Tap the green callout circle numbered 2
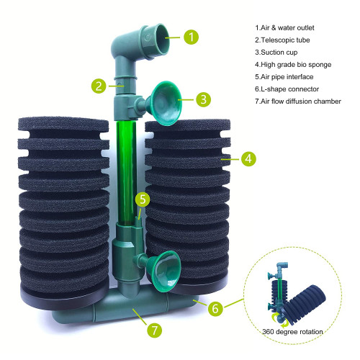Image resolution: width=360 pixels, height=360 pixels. tap(99, 85)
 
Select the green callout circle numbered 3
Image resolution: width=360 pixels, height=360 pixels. tap(204, 99)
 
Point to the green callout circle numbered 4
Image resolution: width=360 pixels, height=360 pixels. tap(248, 156)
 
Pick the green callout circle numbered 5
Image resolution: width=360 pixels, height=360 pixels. tap(144, 199)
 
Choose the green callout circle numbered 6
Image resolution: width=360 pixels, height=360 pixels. tap(214, 307)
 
